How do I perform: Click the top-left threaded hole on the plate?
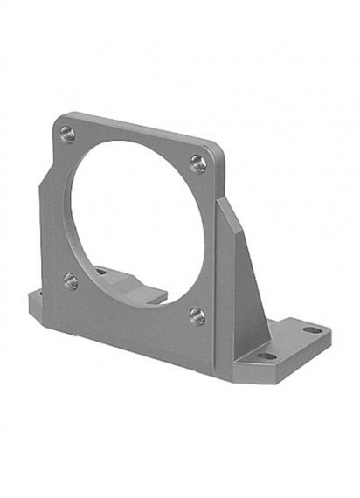click(x=67, y=134)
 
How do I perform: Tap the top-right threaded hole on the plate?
click(x=199, y=163)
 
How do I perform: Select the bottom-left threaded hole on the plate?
click(x=71, y=281)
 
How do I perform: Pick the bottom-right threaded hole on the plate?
click(x=197, y=316)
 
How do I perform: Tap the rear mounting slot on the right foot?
click(x=312, y=331)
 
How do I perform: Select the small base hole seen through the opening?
click(x=101, y=272)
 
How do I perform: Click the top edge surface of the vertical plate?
click(x=140, y=125)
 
